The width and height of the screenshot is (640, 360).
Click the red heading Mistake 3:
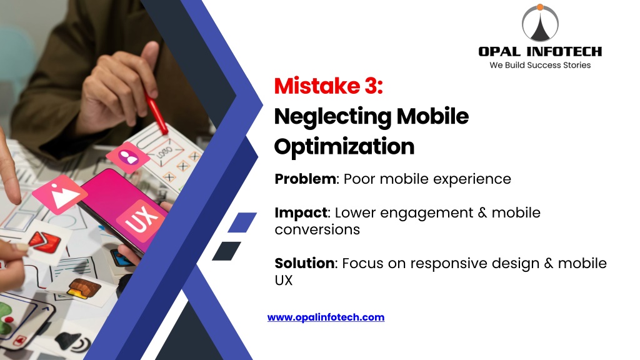click(x=329, y=86)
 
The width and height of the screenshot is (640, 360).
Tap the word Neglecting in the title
click(x=332, y=117)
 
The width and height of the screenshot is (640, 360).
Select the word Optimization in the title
click(x=344, y=146)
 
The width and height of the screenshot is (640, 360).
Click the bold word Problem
click(x=305, y=179)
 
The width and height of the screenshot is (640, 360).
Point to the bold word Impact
click(x=301, y=212)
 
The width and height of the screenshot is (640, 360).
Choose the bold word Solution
click(x=304, y=263)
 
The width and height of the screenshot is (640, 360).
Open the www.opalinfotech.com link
click(x=326, y=317)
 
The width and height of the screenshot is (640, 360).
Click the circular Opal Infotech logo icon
click(x=540, y=23)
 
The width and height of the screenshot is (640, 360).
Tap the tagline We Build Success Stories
click(x=540, y=65)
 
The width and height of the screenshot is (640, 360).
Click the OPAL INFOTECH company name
click(x=540, y=51)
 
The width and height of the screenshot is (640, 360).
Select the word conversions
click(x=317, y=230)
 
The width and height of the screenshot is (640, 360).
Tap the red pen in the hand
click(x=155, y=111)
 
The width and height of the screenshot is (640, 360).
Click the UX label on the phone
click(x=141, y=218)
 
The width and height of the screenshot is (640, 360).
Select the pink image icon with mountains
click(x=60, y=195)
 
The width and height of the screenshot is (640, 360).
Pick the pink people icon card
click(x=127, y=157)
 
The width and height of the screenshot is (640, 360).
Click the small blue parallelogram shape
click(x=242, y=222)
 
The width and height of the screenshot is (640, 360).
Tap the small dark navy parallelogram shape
click(x=226, y=251)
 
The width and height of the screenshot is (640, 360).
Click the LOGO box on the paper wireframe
click(x=165, y=152)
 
